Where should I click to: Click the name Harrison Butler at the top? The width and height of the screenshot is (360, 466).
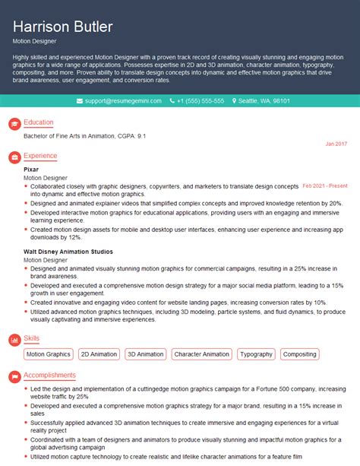[63, 27]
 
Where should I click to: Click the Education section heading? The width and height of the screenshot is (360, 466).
[39, 122]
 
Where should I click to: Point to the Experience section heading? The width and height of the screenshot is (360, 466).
[40, 156]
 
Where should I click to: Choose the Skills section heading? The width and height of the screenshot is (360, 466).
[32, 338]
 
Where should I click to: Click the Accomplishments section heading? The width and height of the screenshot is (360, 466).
[49, 375]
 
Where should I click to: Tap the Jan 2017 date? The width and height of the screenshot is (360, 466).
[336, 144]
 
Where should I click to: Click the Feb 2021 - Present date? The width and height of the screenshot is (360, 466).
[325, 185]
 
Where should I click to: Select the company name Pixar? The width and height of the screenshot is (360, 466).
[31, 169]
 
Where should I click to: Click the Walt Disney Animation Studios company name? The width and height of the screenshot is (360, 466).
[68, 251]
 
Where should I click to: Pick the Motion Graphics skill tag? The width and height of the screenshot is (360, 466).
[48, 354]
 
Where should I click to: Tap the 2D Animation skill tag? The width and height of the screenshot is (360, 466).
[99, 354]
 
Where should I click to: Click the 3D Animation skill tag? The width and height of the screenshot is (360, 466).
[145, 354]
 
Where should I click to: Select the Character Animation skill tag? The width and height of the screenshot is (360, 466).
[201, 354]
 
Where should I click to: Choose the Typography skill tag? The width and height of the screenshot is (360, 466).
[256, 354]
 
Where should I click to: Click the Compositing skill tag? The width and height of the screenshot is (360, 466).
[299, 354]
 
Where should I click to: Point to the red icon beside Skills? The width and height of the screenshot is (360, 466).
[13, 338]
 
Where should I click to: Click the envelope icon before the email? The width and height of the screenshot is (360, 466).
[81, 100]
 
